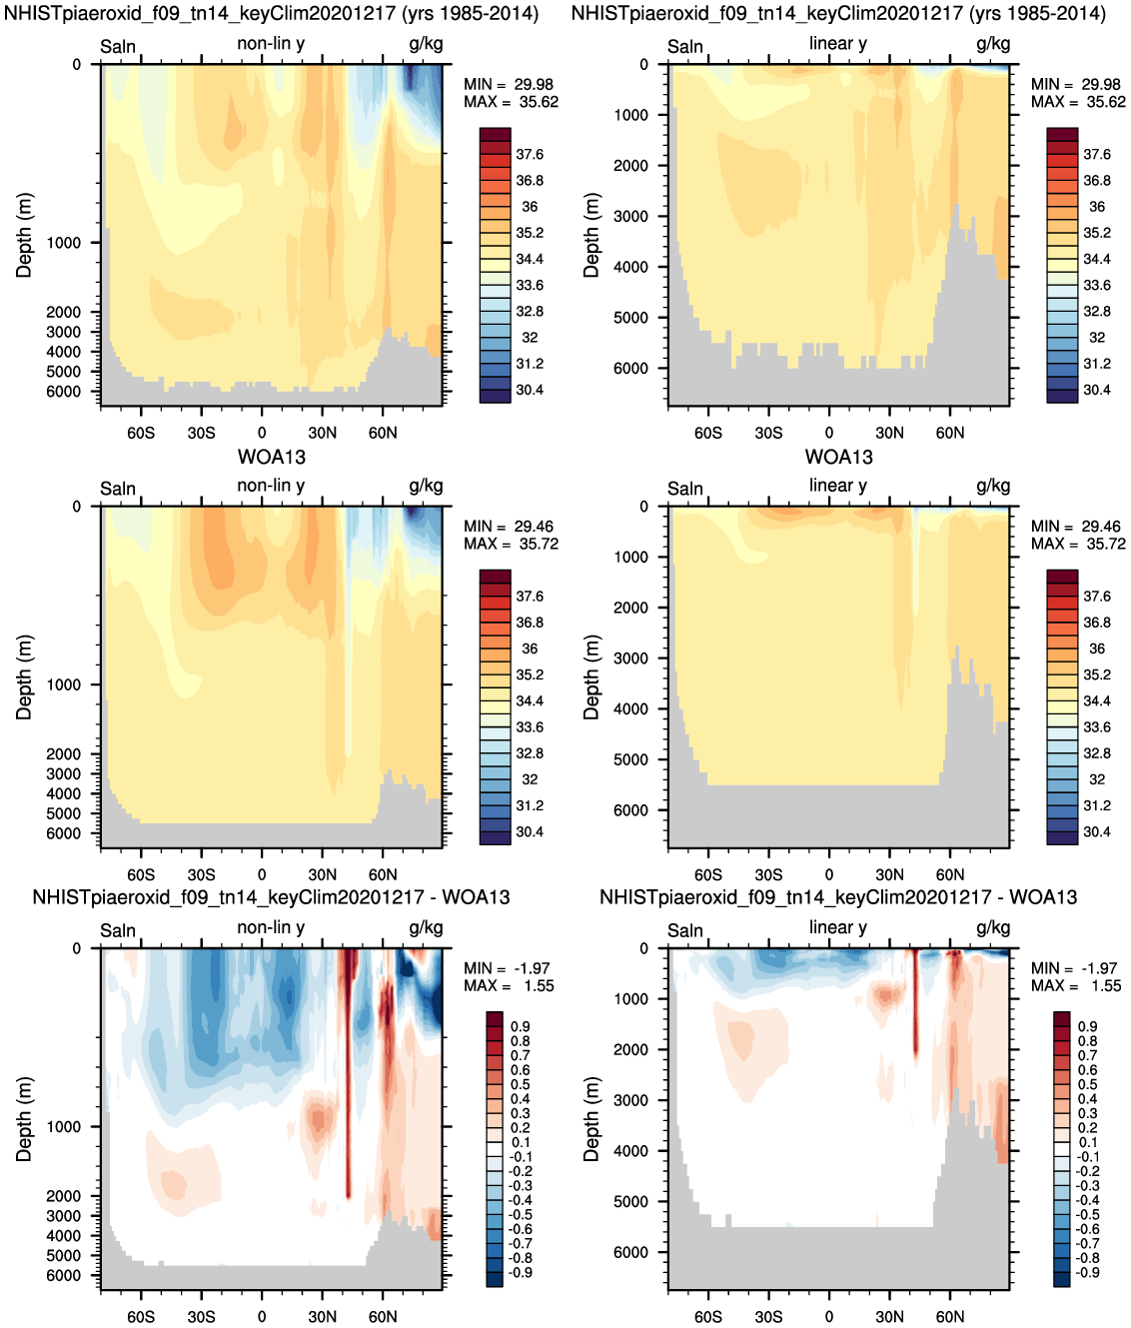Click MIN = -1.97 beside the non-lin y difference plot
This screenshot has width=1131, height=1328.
[x=507, y=968]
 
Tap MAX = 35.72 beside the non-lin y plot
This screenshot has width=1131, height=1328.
[x=511, y=544]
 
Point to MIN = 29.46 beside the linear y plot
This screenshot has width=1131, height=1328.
[x=1076, y=527]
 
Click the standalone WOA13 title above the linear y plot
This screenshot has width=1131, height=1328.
[x=838, y=457]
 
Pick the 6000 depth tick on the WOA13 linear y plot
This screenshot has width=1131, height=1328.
[x=631, y=810]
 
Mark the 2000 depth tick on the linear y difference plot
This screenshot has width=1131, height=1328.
[x=631, y=1049]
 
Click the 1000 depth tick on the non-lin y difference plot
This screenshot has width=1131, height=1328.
[x=63, y=1126]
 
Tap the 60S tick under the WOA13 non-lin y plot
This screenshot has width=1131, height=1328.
[x=141, y=874]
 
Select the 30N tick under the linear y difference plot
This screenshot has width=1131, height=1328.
[x=889, y=1316]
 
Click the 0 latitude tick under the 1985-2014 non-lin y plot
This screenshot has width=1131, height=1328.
[x=262, y=433]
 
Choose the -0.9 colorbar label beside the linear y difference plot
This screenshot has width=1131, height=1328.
[x=1088, y=1272]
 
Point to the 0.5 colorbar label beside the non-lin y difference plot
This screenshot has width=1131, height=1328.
[x=521, y=1084]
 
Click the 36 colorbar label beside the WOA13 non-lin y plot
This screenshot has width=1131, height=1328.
[x=530, y=649]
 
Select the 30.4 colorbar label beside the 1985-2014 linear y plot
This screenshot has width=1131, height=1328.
[x=1097, y=390]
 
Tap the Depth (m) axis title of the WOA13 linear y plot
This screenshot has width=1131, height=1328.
[x=591, y=677]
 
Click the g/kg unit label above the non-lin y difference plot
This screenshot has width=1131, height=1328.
[x=426, y=927]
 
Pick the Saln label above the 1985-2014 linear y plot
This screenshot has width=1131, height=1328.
[x=685, y=46]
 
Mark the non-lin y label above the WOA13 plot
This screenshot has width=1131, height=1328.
[x=271, y=485]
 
